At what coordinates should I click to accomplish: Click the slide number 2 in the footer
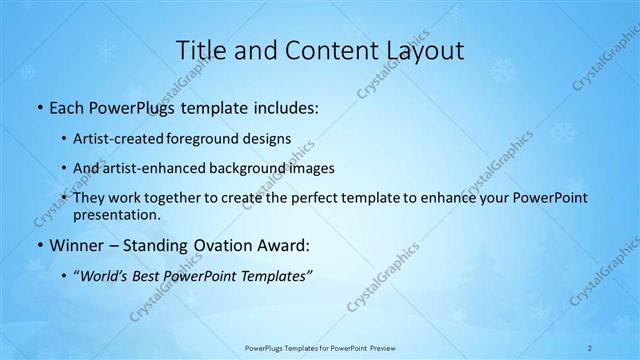(590, 347)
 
